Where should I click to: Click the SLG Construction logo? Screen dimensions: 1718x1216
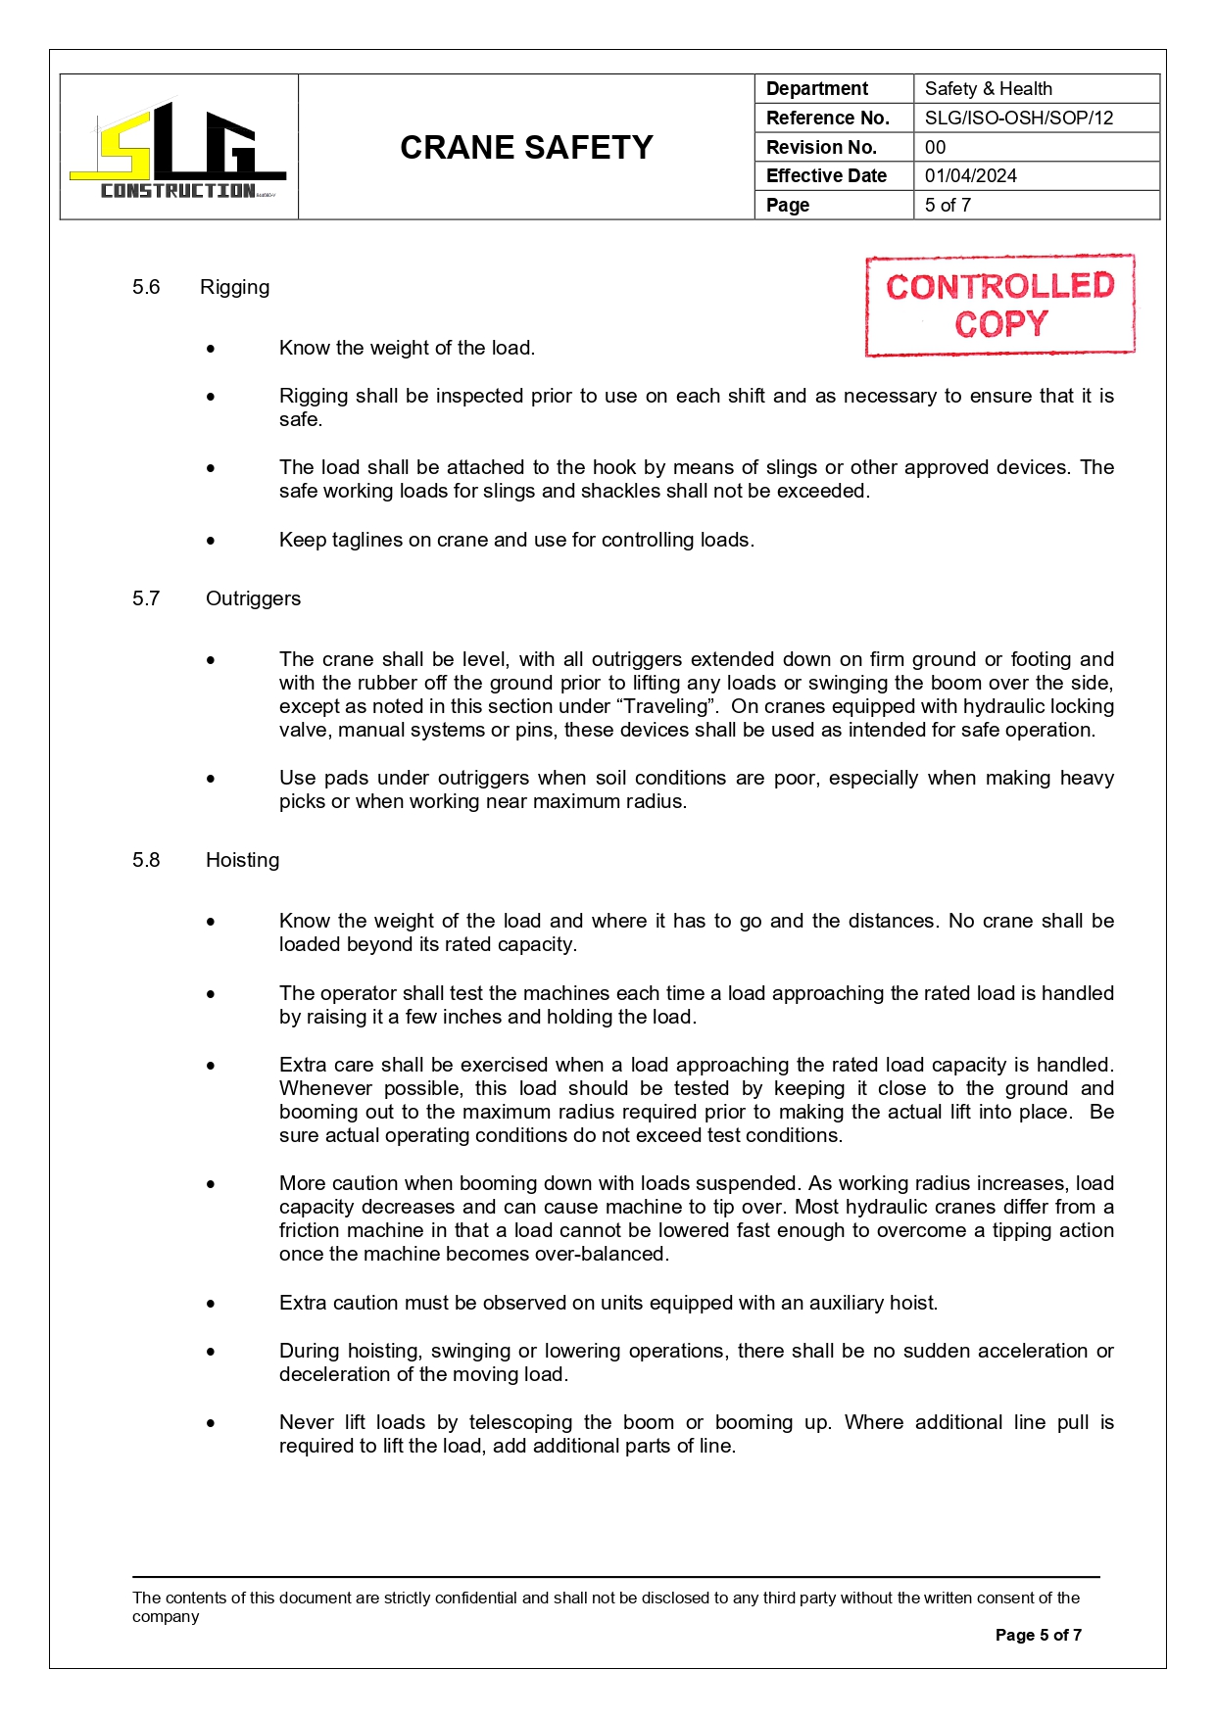[x=178, y=149]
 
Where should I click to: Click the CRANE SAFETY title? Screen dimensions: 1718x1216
[x=526, y=148]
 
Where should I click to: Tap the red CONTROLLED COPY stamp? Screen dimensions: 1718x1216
[x=999, y=306]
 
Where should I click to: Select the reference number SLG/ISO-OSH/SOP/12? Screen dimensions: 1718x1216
[x=1018, y=119]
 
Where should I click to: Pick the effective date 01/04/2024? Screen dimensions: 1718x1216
[x=970, y=176]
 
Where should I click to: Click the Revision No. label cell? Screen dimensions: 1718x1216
[x=821, y=148]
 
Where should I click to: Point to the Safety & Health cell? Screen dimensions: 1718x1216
[x=988, y=89]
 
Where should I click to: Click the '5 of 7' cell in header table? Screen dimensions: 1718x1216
[x=948, y=206]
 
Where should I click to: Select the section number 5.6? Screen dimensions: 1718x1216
[x=146, y=288]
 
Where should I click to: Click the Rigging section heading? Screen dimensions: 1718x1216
[x=234, y=288]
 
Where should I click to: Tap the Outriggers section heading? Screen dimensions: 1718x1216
[x=253, y=599]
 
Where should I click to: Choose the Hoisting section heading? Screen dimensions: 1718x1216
[x=242, y=861]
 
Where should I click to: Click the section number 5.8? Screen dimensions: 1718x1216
[x=146, y=861]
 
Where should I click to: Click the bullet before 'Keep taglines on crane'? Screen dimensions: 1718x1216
[x=211, y=541]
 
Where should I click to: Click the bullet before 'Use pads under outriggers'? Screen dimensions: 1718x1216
[x=211, y=779]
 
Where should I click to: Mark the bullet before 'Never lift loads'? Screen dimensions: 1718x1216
[x=211, y=1423]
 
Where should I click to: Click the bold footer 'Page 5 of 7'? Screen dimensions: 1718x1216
[x=1038, y=1635]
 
